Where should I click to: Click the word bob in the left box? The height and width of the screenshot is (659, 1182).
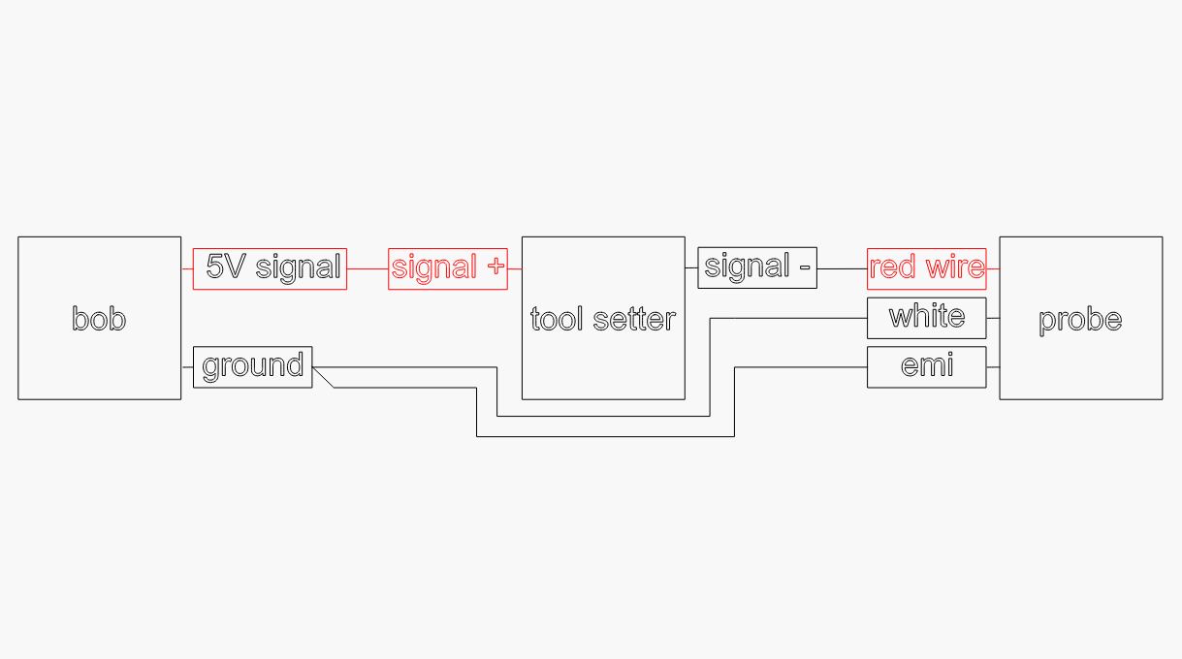pyautogui.click(x=99, y=319)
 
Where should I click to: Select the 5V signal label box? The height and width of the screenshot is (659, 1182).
pyautogui.click(x=270, y=268)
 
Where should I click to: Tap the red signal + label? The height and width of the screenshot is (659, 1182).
pyautogui.click(x=448, y=268)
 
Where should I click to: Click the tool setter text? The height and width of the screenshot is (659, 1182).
pyautogui.click(x=603, y=319)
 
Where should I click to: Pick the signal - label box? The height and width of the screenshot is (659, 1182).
pyautogui.click(x=757, y=267)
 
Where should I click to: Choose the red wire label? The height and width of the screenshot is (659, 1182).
pyautogui.click(x=927, y=268)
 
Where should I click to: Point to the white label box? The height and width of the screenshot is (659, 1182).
pyautogui.click(x=927, y=318)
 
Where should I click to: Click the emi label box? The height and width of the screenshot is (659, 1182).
pyautogui.click(x=927, y=367)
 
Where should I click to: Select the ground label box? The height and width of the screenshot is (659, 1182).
pyautogui.click(x=253, y=367)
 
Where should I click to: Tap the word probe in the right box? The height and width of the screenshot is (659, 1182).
pyautogui.click(x=1080, y=319)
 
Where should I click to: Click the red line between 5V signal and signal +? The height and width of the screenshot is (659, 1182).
pyautogui.click(x=367, y=268)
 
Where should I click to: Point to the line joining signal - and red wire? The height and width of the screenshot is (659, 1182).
pyautogui.click(x=843, y=268)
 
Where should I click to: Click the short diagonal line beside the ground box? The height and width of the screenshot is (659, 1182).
pyautogui.click(x=323, y=378)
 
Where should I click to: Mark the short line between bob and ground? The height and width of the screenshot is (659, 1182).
pyautogui.click(x=187, y=367)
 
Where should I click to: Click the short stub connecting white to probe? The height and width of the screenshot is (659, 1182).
pyautogui.click(x=993, y=318)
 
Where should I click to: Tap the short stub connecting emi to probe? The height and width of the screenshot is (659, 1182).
pyautogui.click(x=993, y=367)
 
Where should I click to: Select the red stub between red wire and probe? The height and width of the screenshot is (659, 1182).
pyautogui.click(x=993, y=268)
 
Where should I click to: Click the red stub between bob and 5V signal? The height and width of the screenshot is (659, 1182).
pyautogui.click(x=187, y=268)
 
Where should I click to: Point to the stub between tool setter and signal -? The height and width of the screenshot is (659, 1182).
pyautogui.click(x=691, y=267)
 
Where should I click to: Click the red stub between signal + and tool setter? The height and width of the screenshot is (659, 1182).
pyautogui.click(x=515, y=268)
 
